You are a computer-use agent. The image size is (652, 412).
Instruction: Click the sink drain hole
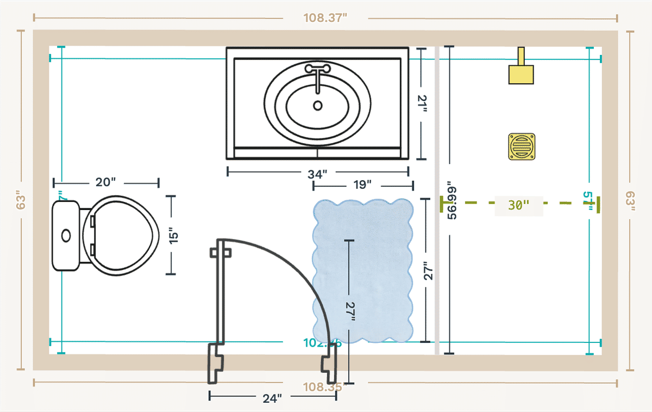318,106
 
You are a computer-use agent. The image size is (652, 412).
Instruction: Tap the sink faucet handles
317,69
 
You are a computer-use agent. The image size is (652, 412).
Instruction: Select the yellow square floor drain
522,147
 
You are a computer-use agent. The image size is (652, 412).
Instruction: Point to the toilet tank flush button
66,236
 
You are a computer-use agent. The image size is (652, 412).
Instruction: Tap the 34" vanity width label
317,174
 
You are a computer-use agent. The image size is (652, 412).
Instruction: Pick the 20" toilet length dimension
105,182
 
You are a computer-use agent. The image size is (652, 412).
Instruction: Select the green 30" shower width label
518,205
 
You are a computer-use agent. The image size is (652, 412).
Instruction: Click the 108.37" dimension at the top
325,18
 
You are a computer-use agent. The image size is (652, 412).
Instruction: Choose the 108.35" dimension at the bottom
325,387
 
